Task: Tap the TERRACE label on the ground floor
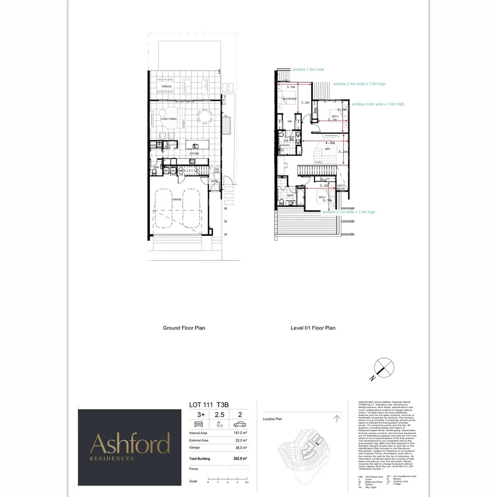tap(166, 87)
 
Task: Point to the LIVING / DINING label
tap(168, 119)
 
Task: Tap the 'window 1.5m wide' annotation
tap(309, 69)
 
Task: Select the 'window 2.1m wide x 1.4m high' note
tap(349, 212)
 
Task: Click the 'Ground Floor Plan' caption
tap(184, 328)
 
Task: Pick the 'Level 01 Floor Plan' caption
tap(313, 328)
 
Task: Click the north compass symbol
tap(384, 369)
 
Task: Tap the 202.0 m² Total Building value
tap(239, 459)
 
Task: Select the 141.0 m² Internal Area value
tap(239, 433)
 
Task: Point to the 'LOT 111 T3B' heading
tap(209, 405)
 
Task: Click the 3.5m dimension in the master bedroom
tap(290, 87)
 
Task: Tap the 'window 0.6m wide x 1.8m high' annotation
tap(378, 104)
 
